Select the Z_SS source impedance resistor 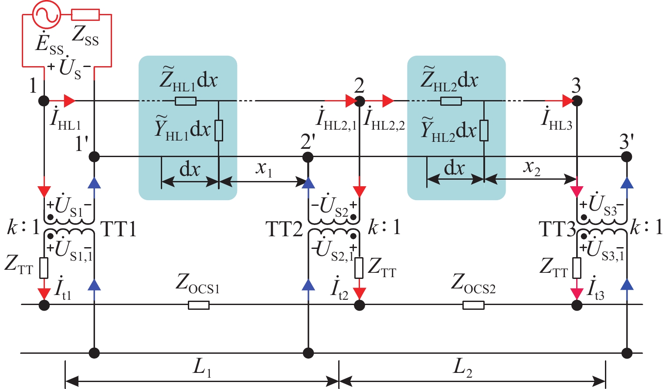(85, 15)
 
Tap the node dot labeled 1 (44, 101)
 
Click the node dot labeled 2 (359, 101)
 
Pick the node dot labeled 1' (94, 156)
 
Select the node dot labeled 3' (627, 156)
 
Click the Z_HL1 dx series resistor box (186, 101)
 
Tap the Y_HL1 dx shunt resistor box (219, 130)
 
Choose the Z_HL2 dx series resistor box (451, 101)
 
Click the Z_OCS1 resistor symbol (199, 305)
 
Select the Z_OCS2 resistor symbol (473, 305)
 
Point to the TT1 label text (119, 229)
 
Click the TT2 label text (284, 229)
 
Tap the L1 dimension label (202, 368)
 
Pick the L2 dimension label (462, 368)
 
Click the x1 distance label (264, 168)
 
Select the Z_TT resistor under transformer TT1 (44, 268)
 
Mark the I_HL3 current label (556, 119)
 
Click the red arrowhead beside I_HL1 (69, 101)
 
